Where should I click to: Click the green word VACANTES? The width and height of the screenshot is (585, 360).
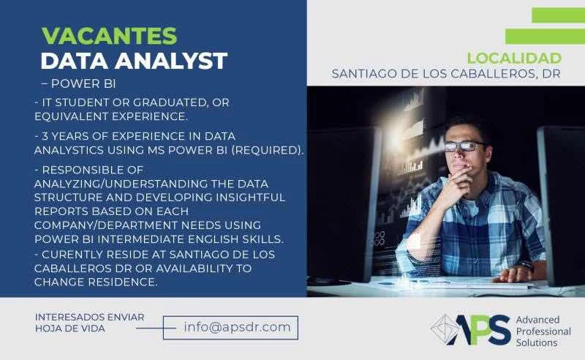tap(109, 36)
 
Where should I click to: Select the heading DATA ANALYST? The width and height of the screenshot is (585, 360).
tap(134, 61)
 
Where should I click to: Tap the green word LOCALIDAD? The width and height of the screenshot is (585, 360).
tap(515, 59)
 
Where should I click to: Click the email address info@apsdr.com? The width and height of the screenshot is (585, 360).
tap(237, 327)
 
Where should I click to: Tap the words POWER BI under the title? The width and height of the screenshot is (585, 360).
tap(83, 83)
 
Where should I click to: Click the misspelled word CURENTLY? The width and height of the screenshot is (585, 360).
tap(72, 255)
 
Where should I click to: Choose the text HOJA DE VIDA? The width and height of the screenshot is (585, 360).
tap(70, 329)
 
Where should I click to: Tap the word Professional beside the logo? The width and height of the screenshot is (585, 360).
tap(543, 331)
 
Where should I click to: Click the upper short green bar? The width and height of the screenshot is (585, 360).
tap(559, 15)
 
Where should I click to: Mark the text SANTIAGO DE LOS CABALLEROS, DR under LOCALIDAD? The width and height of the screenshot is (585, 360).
tap(446, 74)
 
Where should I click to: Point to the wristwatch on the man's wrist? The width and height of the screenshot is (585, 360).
tap(526, 265)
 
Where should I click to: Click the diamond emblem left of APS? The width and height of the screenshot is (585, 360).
tap(444, 329)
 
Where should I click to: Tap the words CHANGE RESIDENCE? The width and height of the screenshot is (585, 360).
tap(96, 282)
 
